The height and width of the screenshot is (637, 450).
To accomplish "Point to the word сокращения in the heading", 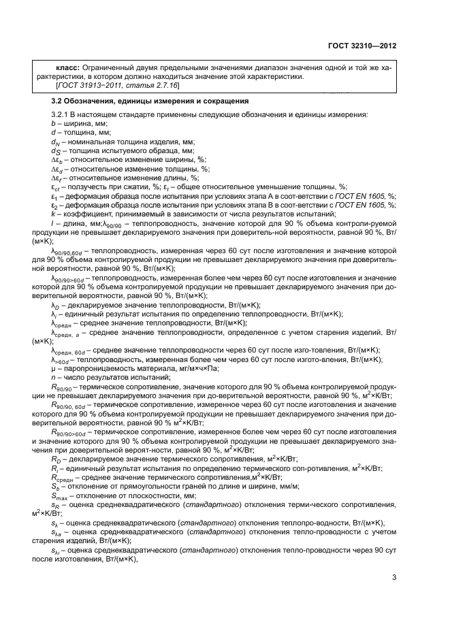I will [174, 101].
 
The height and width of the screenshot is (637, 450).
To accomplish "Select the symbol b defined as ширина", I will [52, 124].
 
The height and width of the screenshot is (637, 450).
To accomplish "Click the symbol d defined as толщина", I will [52, 133].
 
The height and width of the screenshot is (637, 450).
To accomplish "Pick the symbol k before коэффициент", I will [52, 213].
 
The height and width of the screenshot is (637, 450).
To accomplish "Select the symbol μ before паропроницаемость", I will [52, 367].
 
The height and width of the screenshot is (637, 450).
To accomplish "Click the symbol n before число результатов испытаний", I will [52, 376].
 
